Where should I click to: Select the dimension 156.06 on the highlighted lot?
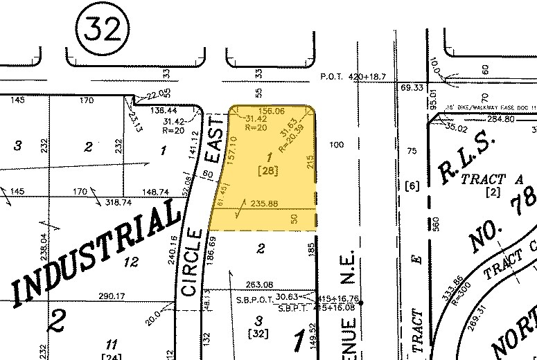pyautogui.click(x=271, y=111)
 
